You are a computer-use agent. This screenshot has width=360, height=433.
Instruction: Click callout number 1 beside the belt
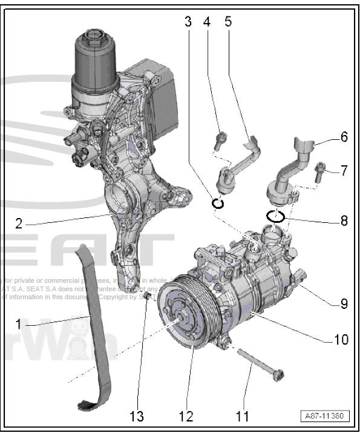[x=18, y=324]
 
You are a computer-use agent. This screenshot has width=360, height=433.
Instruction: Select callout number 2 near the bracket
[x=19, y=223]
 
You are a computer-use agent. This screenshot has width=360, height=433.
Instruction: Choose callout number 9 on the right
[x=344, y=303]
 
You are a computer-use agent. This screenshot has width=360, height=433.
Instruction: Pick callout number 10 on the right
[x=342, y=339]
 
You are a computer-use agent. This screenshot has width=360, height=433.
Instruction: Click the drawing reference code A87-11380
[x=326, y=416]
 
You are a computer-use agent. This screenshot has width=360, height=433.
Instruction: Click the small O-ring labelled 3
[x=218, y=203]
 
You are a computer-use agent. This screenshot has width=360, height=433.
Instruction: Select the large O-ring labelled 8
[x=276, y=216]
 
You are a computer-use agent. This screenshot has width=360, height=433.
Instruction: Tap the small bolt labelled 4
[x=219, y=140]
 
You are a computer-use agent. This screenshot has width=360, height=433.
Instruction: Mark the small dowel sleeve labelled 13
[x=147, y=298]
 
